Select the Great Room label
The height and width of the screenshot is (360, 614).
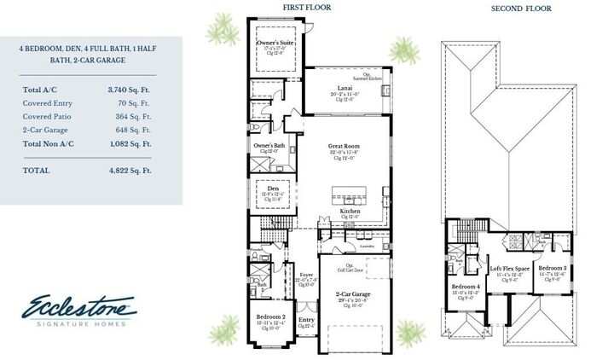click(x=345, y=147)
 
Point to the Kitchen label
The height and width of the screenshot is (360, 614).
click(x=350, y=211)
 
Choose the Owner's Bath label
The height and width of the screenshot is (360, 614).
click(x=269, y=145)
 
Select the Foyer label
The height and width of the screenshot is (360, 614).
click(x=306, y=275)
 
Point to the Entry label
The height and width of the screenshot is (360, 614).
click(x=306, y=321)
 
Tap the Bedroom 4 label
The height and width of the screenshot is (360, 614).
click(x=466, y=287)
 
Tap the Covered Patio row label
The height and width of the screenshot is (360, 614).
click(x=49, y=116)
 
